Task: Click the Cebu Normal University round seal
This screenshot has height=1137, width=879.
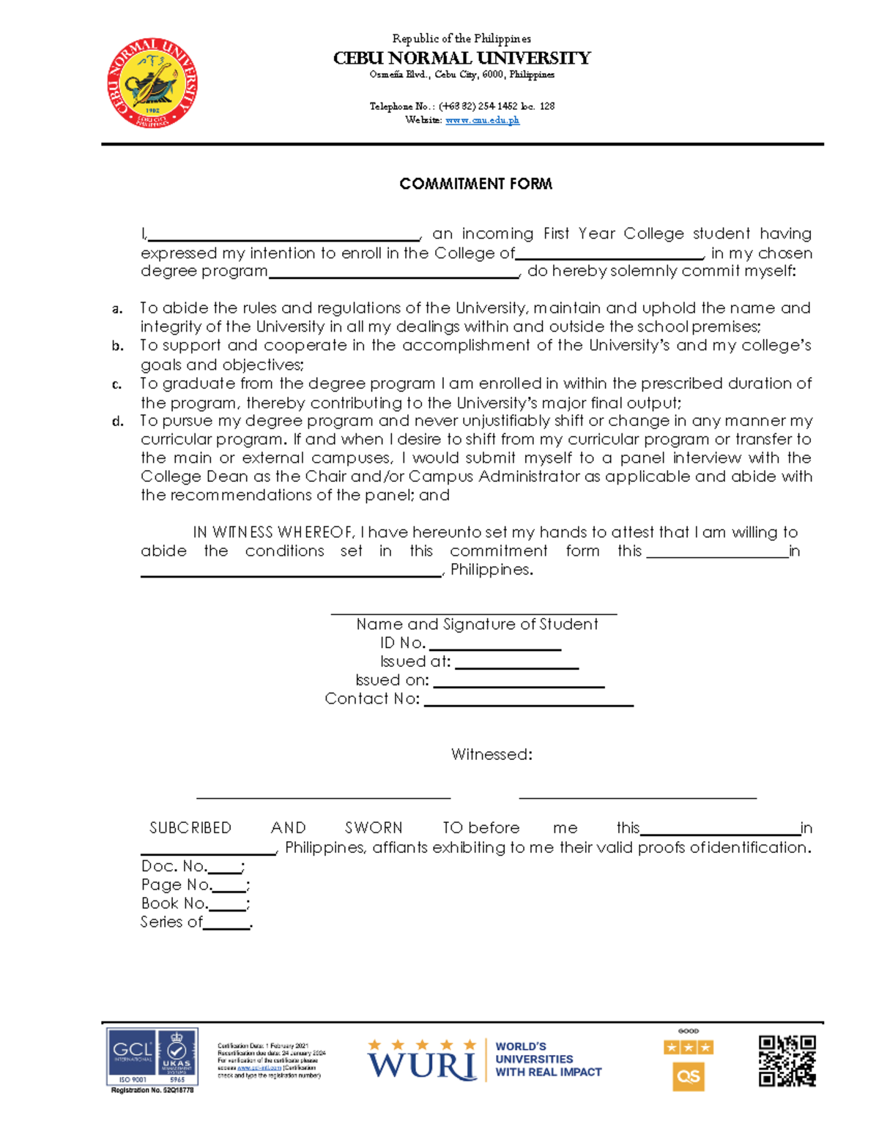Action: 152,83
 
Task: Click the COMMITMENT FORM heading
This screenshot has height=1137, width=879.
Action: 475,184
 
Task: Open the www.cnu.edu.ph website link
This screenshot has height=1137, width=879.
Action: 482,120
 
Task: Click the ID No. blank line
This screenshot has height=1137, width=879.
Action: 495,648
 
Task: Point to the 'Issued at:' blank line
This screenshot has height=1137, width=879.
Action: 516,667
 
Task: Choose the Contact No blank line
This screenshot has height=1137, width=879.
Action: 528,704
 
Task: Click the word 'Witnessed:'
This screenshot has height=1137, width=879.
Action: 492,754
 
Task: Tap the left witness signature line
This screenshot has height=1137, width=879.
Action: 323,797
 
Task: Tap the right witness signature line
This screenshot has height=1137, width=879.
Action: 637,797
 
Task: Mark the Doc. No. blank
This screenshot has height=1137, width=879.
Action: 225,871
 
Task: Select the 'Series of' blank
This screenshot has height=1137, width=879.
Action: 226,927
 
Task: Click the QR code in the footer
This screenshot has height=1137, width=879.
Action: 787,1061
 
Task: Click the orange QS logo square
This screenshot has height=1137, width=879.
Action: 688,1076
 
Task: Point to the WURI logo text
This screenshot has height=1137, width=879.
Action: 422,1065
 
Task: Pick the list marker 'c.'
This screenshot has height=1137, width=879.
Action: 117,384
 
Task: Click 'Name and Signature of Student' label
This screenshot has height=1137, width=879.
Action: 477,625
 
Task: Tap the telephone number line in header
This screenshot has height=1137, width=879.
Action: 461,106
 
